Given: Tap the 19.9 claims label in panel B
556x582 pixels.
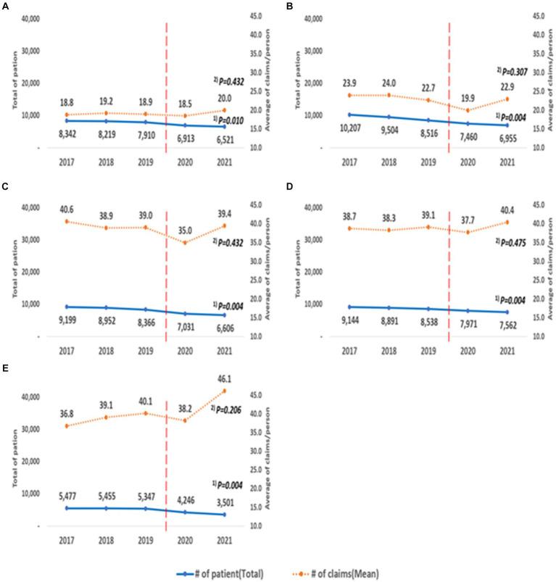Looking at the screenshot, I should tap(455, 98).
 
